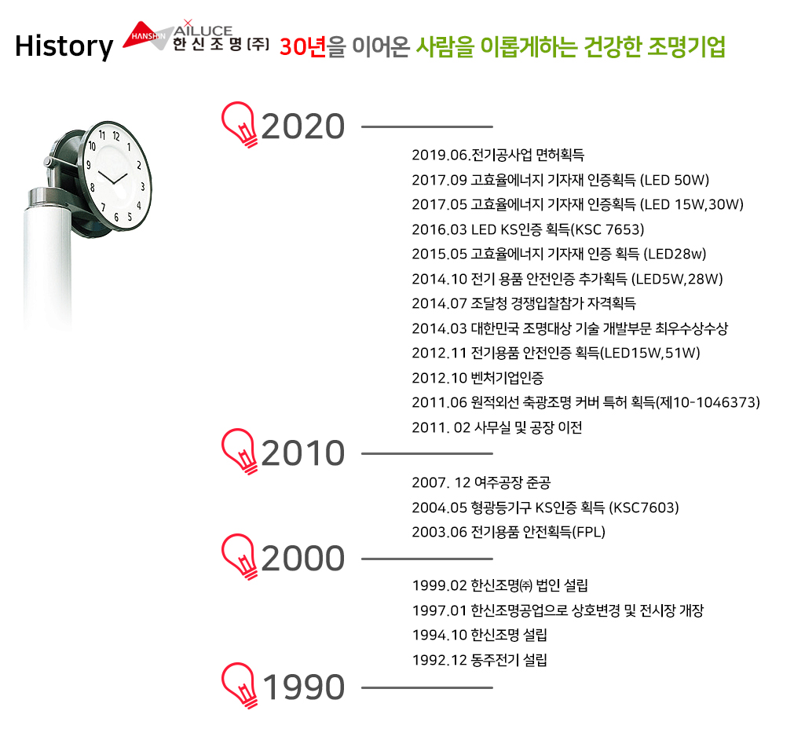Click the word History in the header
(x=64, y=46)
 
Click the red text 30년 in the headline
(x=302, y=47)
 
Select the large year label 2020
(x=303, y=126)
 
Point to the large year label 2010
(x=303, y=453)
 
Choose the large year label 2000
(x=303, y=558)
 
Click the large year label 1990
(x=304, y=687)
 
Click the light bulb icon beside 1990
(x=239, y=685)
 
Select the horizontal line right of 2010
(x=427, y=453)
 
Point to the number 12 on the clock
(x=116, y=136)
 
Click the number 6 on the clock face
(x=116, y=218)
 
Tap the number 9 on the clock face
(x=89, y=165)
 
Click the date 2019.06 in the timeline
(x=440, y=155)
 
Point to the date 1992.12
(x=440, y=661)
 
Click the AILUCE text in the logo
(x=203, y=30)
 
